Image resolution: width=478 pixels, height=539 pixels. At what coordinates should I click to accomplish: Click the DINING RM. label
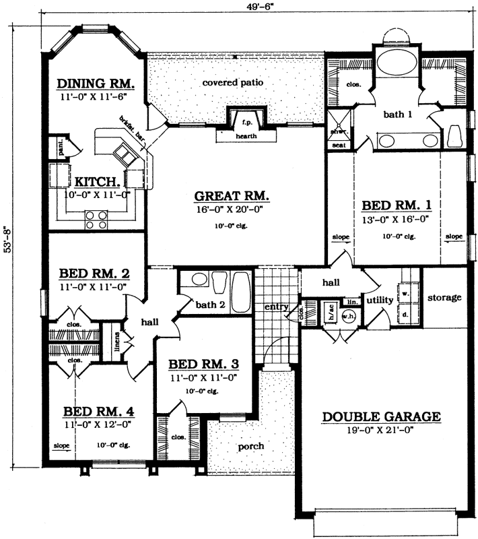(x=96, y=84)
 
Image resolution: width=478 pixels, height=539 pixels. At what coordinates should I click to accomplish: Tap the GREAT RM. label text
(x=232, y=197)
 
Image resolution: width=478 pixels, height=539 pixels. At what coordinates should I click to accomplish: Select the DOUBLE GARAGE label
(x=381, y=417)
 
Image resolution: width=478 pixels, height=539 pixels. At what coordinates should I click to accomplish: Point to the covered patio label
(x=232, y=83)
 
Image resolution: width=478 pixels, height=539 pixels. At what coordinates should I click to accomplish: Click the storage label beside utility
(x=444, y=297)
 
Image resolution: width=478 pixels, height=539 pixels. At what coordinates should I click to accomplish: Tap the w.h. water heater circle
(x=348, y=318)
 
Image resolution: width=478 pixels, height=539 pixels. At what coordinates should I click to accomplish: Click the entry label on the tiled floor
(x=276, y=307)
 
